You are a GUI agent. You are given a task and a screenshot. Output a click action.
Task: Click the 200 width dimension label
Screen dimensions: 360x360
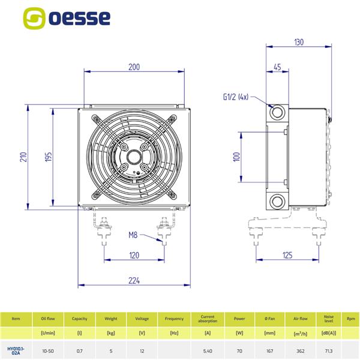(134, 67)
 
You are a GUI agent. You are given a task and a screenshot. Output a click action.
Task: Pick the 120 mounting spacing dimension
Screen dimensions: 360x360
(134, 256)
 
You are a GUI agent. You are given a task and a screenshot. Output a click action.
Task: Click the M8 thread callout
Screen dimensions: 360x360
(133, 234)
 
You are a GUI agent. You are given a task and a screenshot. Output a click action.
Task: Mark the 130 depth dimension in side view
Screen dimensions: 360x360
(299, 42)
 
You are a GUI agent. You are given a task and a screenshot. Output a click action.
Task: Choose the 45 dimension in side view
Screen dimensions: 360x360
(277, 67)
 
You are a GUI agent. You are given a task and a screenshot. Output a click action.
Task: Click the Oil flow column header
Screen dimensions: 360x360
(48, 319)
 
